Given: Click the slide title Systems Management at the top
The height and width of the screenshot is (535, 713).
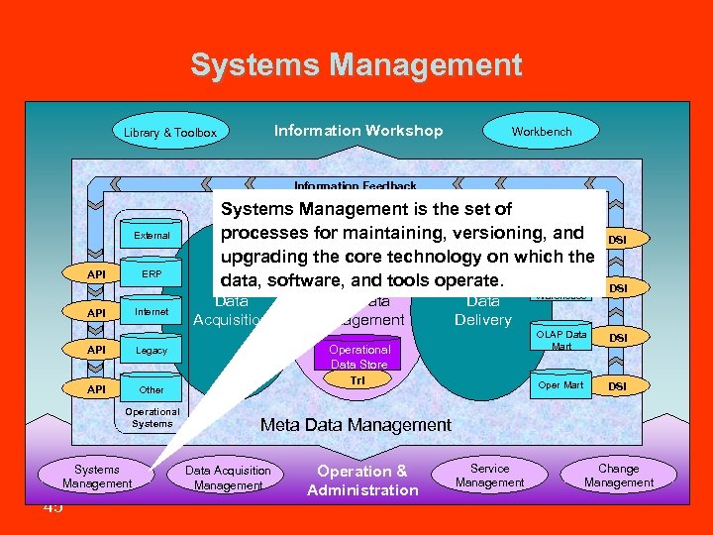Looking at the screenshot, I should tap(356, 65).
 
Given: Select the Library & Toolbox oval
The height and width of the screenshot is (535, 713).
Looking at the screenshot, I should tap(170, 132).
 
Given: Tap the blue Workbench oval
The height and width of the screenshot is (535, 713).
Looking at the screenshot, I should tap(541, 131).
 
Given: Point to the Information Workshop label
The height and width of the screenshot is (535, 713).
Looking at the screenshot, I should tap(358, 131).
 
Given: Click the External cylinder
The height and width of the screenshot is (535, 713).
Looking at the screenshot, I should tap(152, 236).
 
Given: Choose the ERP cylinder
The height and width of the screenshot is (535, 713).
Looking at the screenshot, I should tap(152, 274).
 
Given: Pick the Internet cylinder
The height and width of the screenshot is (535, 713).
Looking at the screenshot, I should tap(152, 312).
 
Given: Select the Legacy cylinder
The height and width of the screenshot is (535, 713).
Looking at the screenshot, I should tap(152, 351).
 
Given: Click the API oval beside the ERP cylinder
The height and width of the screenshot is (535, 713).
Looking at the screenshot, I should tap(96, 274).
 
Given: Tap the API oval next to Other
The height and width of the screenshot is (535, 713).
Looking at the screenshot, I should tap(96, 389).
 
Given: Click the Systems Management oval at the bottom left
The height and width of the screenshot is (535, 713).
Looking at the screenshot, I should tap(97, 477).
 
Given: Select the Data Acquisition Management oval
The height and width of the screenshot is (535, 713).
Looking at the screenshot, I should tap(228, 478).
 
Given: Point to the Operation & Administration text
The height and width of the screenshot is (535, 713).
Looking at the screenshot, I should tap(362, 481).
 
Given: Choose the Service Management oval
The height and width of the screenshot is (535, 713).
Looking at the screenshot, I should tap(489, 476).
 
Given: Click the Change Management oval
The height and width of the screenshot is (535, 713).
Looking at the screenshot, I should tap(618, 476).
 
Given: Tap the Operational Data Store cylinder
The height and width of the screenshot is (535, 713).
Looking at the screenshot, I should tap(359, 357).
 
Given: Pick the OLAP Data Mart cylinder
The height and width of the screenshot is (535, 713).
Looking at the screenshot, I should tap(560, 339).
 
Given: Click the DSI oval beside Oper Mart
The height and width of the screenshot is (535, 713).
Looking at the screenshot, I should tap(616, 385).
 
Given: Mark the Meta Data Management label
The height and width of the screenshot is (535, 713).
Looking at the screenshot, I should tap(356, 425).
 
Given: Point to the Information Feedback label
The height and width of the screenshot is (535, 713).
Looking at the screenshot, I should tap(355, 185).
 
